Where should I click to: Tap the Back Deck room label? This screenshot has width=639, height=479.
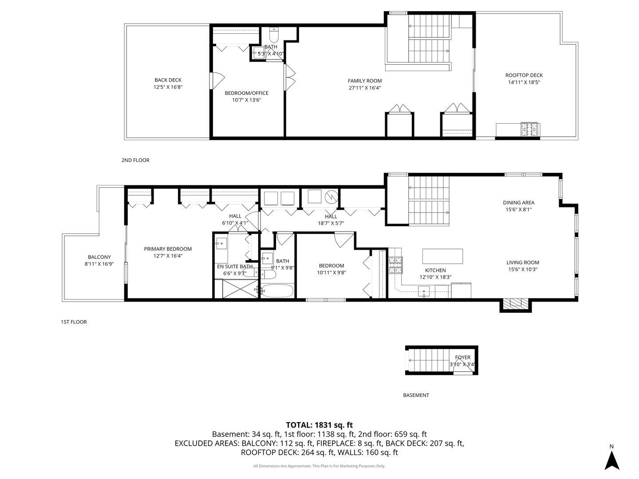pos(168,80)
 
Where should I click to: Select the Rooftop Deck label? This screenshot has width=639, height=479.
pos(524,75)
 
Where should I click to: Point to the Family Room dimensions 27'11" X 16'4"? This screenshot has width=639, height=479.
pos(365,88)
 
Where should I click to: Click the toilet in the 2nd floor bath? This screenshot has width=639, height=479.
pos(274,35)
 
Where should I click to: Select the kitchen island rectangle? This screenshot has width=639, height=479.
pos(442,256)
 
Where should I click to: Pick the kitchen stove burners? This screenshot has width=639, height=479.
pos(396,265)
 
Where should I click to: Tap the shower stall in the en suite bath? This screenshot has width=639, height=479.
pos(241,288)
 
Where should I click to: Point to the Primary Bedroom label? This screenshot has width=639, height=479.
pos(168,249)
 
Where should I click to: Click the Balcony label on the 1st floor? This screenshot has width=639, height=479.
pos(99,257)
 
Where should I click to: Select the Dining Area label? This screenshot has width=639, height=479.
pos(519,203)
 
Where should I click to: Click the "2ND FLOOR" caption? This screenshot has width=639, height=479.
pos(135,160)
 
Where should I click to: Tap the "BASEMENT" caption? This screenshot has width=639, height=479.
pos(416,395)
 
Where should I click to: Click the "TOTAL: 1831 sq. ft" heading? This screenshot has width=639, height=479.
pos(319,425)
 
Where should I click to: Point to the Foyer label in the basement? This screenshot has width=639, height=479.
pos(462,357)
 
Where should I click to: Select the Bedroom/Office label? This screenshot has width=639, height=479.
pos(247,93)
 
